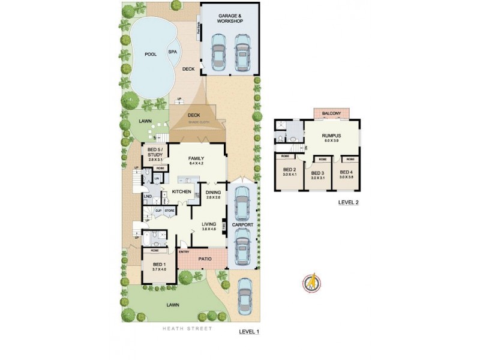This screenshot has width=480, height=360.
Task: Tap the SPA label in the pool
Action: (x=172, y=52)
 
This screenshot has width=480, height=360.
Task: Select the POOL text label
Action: (x=150, y=55)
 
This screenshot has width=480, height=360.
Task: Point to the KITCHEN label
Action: (x=181, y=192)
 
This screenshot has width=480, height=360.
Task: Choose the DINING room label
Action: (x=213, y=193)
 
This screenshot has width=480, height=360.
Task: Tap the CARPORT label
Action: (x=242, y=226)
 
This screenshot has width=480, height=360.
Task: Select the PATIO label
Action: (x=205, y=259)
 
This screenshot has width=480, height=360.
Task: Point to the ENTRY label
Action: (x=184, y=251)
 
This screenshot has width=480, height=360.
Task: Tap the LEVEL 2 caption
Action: (x=348, y=202)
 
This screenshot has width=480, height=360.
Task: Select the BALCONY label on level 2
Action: (x=331, y=114)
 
